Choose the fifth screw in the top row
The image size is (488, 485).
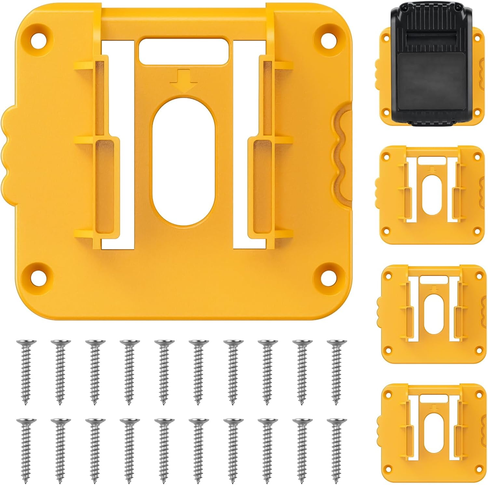(164, 371)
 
